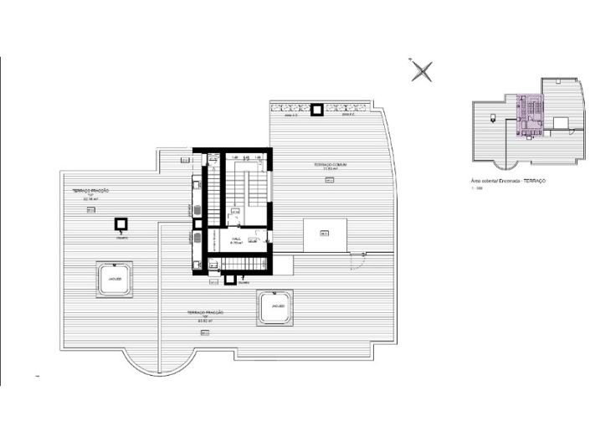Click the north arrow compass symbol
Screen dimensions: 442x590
pos(423,71)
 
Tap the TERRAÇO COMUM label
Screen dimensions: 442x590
pos(331,165)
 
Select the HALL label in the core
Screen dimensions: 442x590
pos(236,238)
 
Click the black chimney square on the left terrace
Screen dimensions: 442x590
pos(121,224)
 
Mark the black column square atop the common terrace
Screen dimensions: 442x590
pos(318,109)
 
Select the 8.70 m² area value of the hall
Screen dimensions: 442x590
pos(236,244)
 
